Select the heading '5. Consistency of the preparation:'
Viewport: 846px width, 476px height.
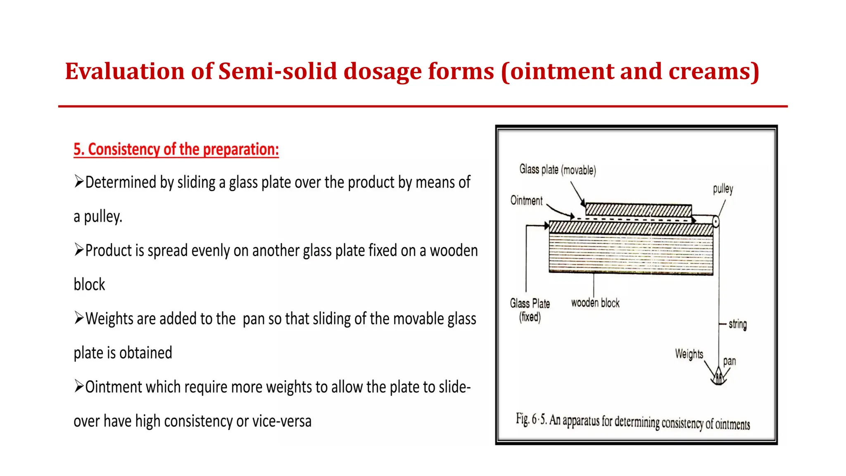click(x=176, y=149)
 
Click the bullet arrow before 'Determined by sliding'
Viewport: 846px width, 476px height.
click(x=79, y=181)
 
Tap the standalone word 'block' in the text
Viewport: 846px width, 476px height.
click(x=89, y=285)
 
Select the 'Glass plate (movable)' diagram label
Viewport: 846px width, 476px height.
click(x=557, y=169)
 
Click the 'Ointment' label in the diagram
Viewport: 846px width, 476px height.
click(x=526, y=200)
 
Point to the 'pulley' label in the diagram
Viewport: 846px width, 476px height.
click(x=722, y=189)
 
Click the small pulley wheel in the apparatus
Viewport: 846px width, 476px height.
click(x=715, y=221)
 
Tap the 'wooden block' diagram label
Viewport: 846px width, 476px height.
click(x=595, y=303)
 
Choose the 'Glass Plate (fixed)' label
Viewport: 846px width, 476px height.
click(x=530, y=310)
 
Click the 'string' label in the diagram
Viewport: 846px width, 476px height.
click(x=737, y=324)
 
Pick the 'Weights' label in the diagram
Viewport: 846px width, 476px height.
click(x=689, y=354)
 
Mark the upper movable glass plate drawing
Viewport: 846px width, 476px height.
click(x=638, y=210)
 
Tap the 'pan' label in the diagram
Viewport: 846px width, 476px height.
click(x=729, y=361)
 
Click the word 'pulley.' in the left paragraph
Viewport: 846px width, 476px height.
click(x=103, y=217)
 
